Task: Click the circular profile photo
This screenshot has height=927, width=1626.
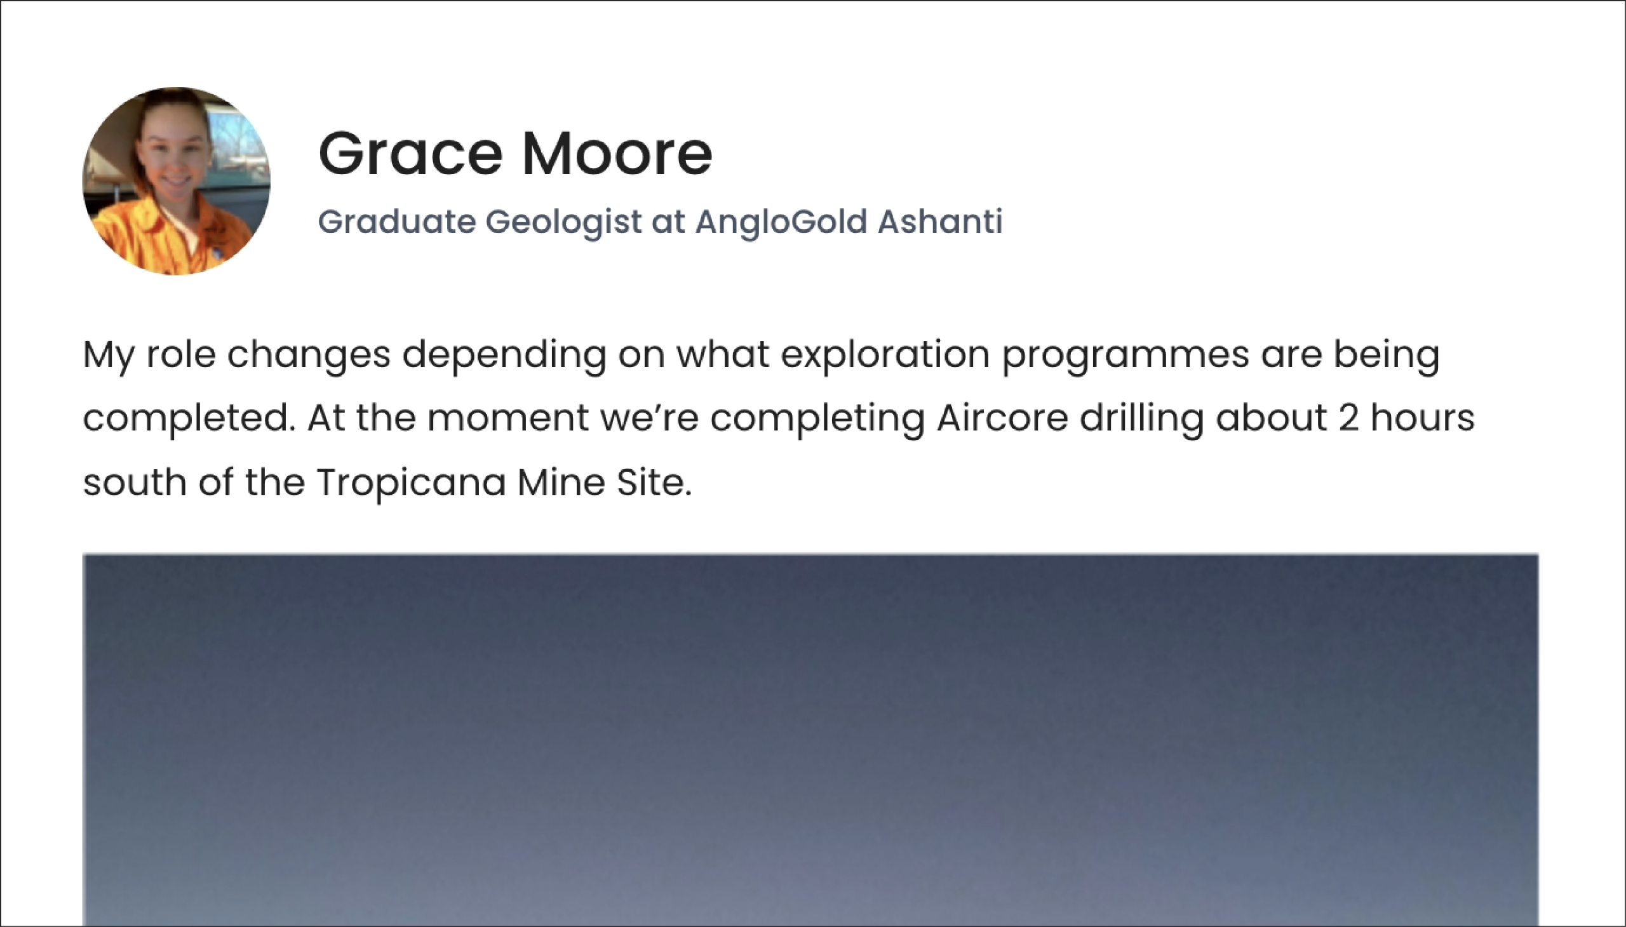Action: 177,181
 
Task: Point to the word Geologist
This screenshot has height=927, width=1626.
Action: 563,223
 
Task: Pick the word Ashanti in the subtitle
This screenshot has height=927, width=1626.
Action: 940,222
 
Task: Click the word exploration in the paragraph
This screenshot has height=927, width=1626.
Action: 885,356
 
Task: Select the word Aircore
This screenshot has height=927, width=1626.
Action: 1002,418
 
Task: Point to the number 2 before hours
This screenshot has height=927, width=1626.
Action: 1348,419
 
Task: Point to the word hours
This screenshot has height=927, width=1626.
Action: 1422,418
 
